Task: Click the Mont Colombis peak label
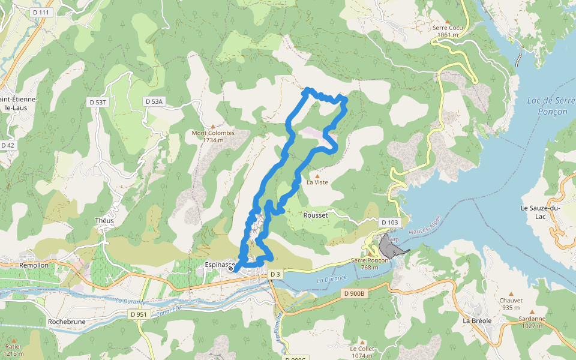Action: coord(212,136)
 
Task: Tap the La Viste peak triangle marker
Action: coord(317,176)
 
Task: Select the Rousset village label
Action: coord(316,215)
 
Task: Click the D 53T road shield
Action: coord(98,102)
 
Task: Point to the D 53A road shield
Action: coord(154,102)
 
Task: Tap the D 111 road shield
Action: coord(42,12)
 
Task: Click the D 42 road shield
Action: coord(8,145)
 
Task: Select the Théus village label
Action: coord(104,220)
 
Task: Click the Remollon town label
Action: coord(34,264)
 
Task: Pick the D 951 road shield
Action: coord(138,314)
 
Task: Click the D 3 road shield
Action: coord(275,274)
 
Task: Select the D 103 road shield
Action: coord(390,223)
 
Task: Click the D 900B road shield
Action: coord(355,293)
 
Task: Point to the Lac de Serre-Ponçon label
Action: coord(547,106)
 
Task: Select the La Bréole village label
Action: coord(477,320)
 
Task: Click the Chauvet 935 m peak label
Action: coord(511,304)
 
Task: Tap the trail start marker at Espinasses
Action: coord(230,269)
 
